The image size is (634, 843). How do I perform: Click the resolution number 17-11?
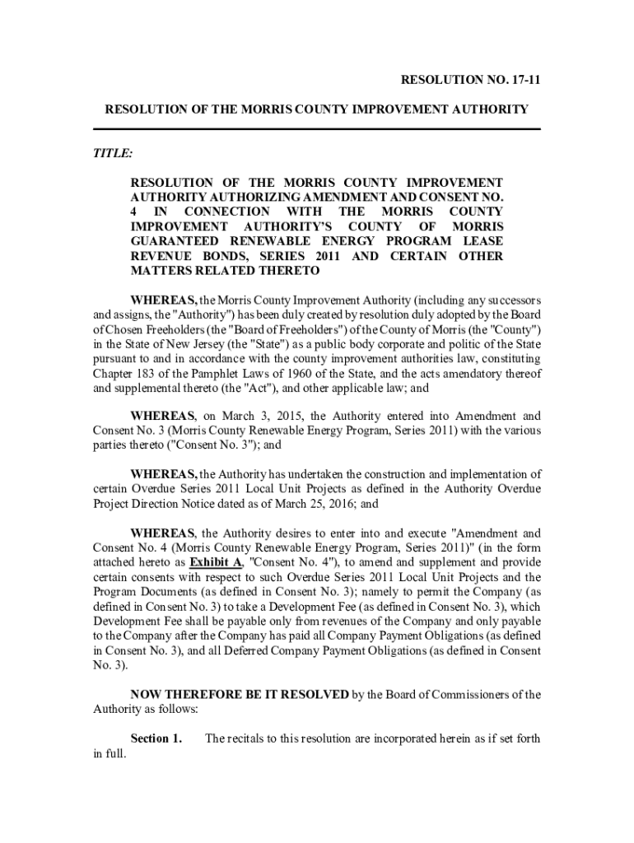(524, 80)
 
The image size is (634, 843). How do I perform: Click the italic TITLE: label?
(112, 153)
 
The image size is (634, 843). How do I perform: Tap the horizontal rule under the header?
(316, 129)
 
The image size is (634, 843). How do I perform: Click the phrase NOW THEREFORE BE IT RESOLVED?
(240, 695)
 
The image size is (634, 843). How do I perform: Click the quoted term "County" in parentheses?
(516, 329)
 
